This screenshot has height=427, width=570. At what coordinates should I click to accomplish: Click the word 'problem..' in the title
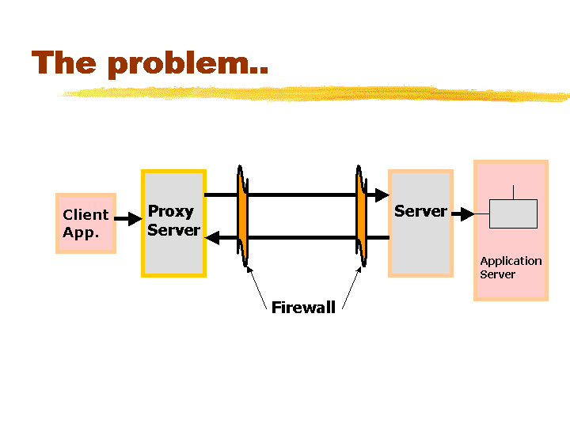(188, 64)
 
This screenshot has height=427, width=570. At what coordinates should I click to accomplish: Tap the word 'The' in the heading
(64, 62)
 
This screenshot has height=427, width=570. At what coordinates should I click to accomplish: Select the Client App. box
(85, 223)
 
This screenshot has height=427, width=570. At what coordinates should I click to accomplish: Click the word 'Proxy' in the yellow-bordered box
(171, 212)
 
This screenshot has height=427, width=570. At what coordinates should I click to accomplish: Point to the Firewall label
(303, 308)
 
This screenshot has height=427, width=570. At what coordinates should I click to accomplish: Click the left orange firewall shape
(242, 216)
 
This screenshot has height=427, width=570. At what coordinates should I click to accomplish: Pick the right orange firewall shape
(361, 216)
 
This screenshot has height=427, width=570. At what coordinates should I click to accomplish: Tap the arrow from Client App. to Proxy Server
(128, 218)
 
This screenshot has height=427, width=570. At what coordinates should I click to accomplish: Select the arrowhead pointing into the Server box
(382, 195)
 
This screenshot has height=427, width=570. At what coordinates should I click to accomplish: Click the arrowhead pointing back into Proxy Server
(212, 238)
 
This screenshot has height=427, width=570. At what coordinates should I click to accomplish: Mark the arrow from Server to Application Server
(463, 213)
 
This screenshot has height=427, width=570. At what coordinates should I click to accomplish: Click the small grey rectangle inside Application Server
(513, 213)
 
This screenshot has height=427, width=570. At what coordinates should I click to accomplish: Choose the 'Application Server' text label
(511, 267)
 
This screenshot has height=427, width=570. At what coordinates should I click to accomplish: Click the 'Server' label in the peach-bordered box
(420, 211)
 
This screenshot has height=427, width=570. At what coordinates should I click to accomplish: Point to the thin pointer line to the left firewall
(256, 288)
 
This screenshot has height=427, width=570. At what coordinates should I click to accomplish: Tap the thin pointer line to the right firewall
(351, 288)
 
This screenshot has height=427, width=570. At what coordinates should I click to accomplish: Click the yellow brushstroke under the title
(314, 93)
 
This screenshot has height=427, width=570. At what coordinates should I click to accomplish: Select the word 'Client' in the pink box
(85, 214)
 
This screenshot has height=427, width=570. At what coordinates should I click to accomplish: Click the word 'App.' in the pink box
(81, 232)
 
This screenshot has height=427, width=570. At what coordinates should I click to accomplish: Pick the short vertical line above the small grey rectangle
(513, 192)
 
